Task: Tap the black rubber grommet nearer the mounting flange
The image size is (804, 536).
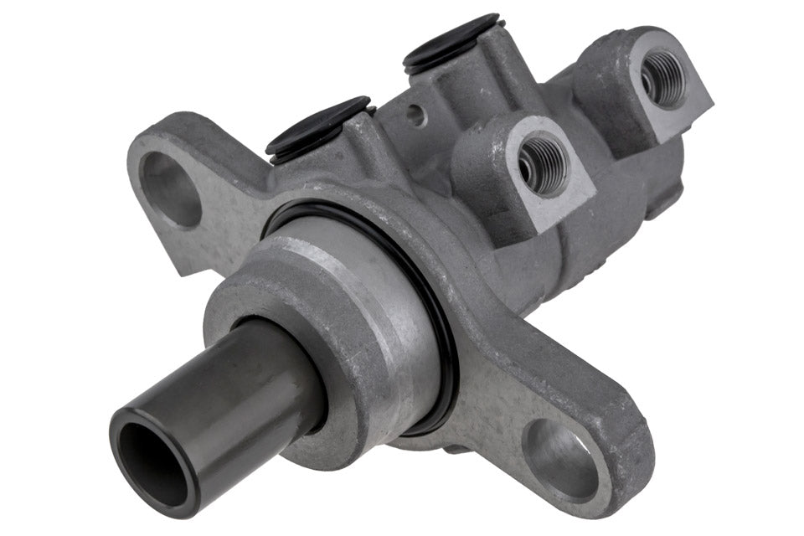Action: [x=318, y=126]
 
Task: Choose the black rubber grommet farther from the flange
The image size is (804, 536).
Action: [x=452, y=42]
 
